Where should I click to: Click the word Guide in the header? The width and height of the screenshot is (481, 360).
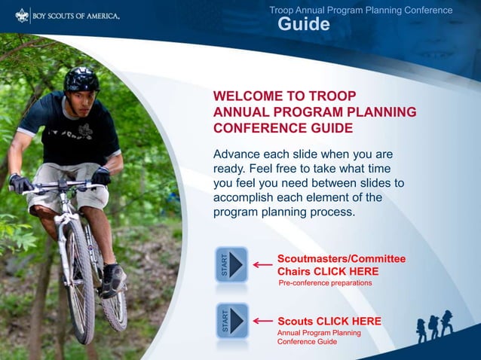[304, 25]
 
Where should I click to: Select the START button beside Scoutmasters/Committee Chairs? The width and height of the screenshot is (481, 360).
[231, 265]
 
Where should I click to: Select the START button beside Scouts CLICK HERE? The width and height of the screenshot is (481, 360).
[231, 321]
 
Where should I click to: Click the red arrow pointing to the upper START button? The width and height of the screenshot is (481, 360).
[262, 265]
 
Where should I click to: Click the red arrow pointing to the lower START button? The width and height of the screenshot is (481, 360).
[262, 321]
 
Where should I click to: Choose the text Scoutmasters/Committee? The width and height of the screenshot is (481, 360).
[341, 259]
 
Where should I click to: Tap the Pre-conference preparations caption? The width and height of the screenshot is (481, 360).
[325, 283]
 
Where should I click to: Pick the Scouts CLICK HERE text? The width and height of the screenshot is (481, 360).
[329, 321]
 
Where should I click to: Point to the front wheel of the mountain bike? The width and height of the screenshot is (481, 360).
[79, 279]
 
